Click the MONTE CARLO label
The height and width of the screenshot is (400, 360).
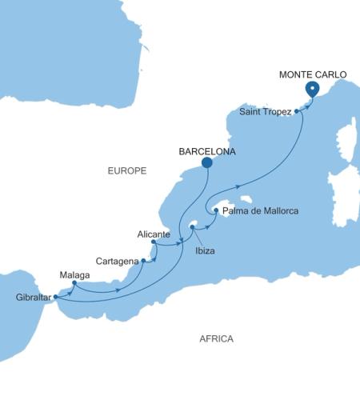[313, 74]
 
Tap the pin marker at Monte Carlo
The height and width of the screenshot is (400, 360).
[312, 90]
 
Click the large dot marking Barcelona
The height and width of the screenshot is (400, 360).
[206, 162]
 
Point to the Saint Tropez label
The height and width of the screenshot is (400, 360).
[266, 112]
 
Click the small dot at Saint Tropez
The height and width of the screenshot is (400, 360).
[297, 111]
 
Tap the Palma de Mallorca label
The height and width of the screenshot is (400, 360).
[260, 211]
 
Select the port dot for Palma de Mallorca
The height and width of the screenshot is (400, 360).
[216, 210]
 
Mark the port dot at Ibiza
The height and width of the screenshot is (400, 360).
[192, 228]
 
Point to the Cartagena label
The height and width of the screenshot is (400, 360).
[117, 261]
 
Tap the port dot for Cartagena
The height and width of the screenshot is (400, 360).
[144, 261]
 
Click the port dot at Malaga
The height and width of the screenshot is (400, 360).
[74, 282]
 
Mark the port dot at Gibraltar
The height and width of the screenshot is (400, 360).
[56, 297]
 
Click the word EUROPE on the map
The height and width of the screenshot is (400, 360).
[127, 170]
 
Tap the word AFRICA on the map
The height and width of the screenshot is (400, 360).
[216, 339]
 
